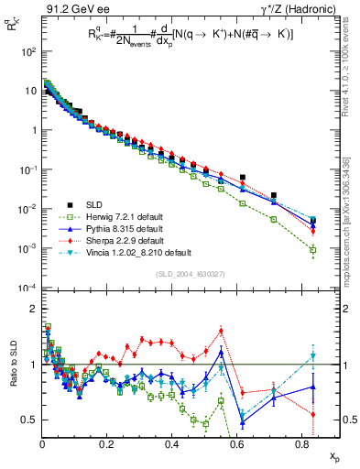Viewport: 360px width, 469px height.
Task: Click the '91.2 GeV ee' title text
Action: [70, 10]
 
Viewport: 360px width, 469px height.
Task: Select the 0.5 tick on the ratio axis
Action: [30, 420]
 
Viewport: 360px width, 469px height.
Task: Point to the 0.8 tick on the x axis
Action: [301, 445]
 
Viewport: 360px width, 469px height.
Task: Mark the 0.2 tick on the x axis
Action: [107, 445]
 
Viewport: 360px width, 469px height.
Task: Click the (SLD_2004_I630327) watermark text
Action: [187, 273]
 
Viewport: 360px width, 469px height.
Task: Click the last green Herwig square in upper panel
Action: [313, 249]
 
